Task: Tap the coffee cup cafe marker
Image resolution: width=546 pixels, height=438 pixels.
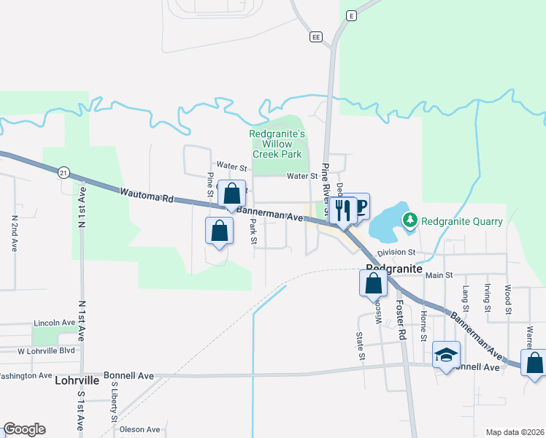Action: [359, 206]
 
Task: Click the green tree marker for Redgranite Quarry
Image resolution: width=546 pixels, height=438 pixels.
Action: [410, 220]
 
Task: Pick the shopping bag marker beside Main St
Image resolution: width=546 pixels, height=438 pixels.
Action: [373, 282]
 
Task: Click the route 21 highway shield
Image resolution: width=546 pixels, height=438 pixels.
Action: [64, 172]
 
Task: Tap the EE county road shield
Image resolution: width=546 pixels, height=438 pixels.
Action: [315, 36]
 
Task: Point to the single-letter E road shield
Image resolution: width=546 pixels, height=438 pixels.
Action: [351, 15]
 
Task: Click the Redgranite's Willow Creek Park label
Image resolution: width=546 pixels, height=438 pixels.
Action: [277, 144]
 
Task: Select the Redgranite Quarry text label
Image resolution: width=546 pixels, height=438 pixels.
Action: [461, 221]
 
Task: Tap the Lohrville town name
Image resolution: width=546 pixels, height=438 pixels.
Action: [77, 380]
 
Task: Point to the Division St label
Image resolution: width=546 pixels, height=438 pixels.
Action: [396, 252]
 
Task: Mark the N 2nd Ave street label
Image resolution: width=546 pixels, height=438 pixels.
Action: [15, 234]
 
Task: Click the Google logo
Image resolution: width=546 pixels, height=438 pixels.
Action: [24, 429]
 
